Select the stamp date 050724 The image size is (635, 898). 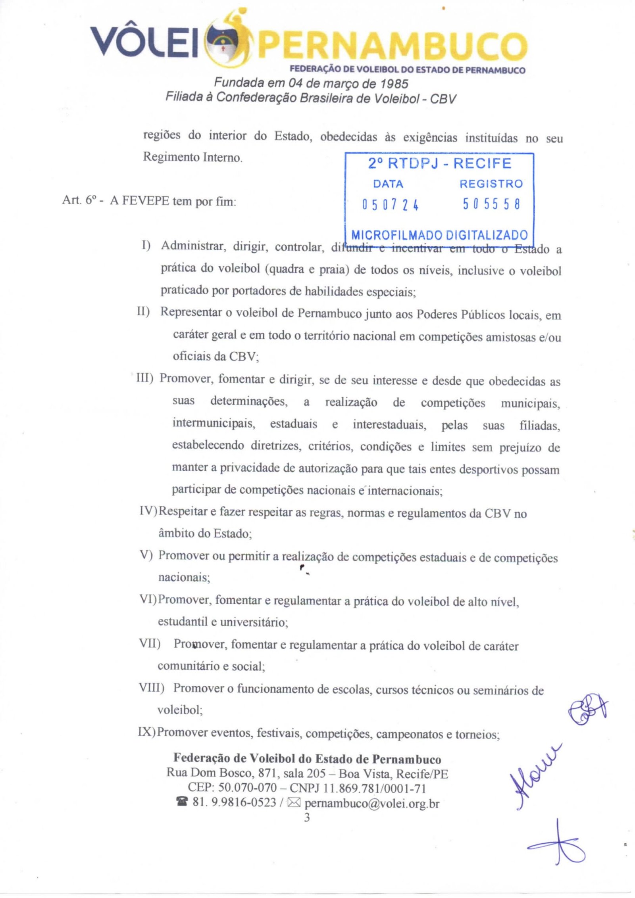[x=390, y=205]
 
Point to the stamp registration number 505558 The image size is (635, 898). [x=491, y=204]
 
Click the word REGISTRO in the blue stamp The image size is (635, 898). [x=491, y=184]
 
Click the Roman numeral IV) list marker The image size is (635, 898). [x=148, y=511]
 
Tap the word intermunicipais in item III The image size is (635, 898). [x=214, y=424]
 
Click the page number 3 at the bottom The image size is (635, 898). [x=306, y=817]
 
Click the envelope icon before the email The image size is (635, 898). [x=294, y=803]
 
